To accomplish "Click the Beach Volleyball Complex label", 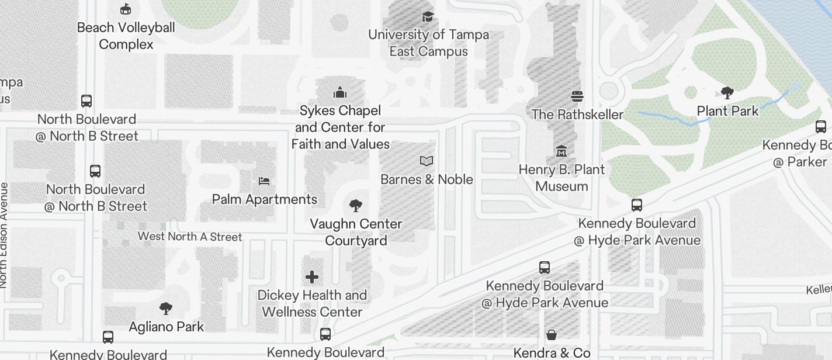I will (x=126, y=36).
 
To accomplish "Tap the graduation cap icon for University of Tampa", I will (x=428, y=16).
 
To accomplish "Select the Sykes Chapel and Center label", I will (x=340, y=127).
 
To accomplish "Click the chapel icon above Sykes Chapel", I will (x=340, y=92).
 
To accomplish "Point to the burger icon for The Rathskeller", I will (x=577, y=96).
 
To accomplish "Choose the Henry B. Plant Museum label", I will (x=561, y=178).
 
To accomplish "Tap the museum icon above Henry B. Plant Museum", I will (x=561, y=151).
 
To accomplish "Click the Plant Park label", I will (x=727, y=111).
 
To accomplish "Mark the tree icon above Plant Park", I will (x=727, y=92).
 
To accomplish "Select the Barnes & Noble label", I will (x=427, y=179).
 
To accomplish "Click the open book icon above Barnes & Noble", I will (x=427, y=161).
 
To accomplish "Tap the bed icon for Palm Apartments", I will (x=264, y=181).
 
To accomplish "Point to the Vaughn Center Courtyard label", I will (x=356, y=232).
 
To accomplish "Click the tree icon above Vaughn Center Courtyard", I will (x=355, y=205).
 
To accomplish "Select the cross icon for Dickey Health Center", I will (x=312, y=276).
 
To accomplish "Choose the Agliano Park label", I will (x=167, y=327).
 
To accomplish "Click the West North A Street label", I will (x=190, y=237).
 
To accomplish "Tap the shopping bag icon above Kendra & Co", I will (x=551, y=335).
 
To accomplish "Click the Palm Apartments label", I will (x=264, y=199).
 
